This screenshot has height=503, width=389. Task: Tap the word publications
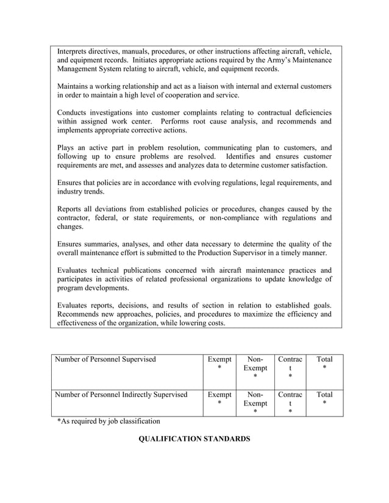(146, 270)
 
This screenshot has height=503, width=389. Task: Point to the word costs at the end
(213, 323)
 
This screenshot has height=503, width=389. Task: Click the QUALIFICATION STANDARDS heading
(194, 438)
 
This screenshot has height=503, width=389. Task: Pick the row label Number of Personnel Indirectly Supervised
(121, 395)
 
